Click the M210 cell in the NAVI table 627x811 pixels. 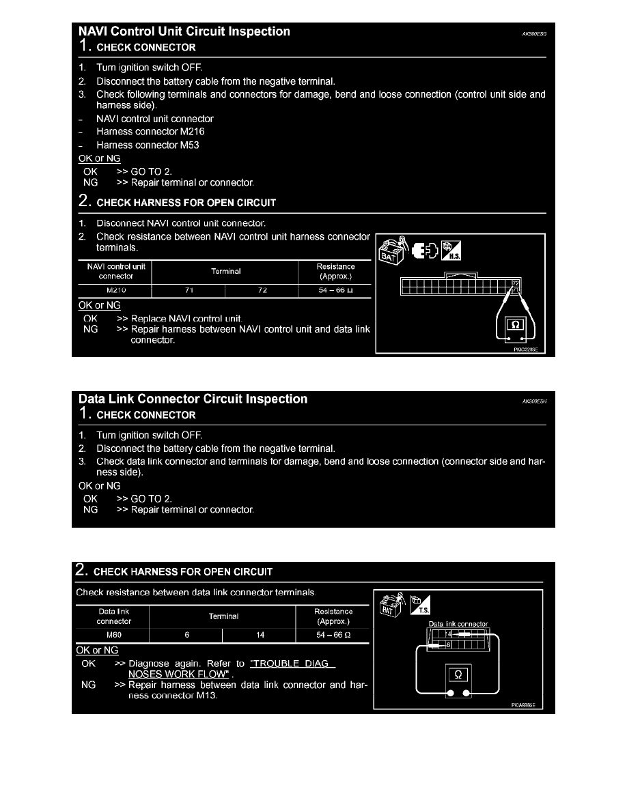115,290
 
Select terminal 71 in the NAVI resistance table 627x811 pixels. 188,290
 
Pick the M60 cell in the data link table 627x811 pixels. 113,635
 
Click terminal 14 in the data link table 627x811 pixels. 260,635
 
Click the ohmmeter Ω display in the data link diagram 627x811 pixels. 458,674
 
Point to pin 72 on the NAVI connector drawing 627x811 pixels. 516,283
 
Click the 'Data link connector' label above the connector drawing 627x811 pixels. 458,624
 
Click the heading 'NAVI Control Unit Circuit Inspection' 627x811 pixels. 184,31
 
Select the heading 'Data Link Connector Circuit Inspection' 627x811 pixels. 193,399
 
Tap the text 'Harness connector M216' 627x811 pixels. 150,132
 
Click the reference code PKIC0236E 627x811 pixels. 526,349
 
